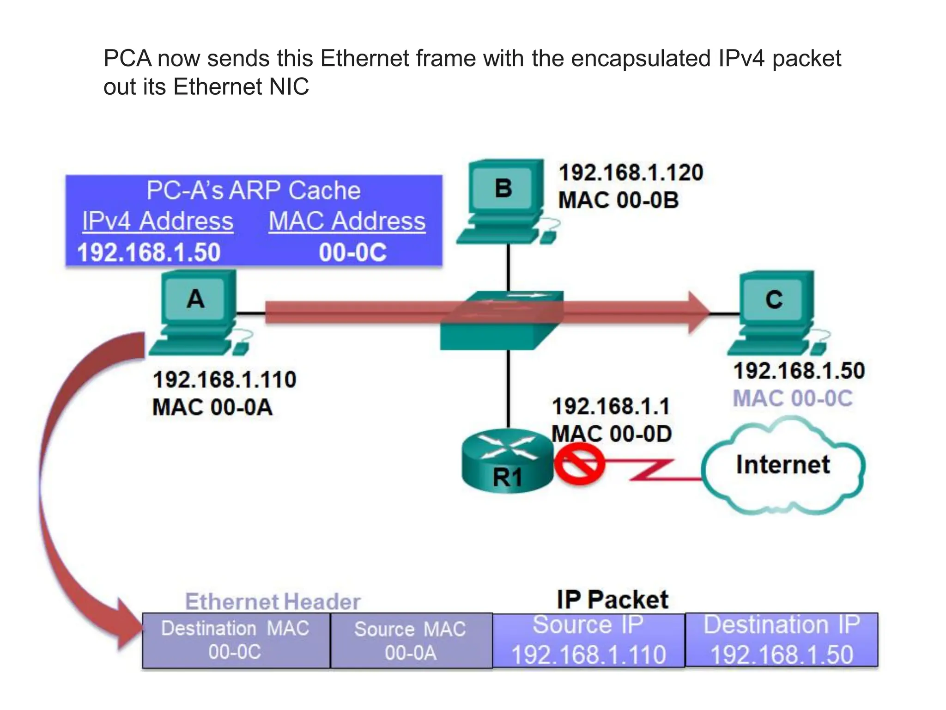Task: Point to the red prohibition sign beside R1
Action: point(579,463)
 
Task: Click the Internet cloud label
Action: point(782,465)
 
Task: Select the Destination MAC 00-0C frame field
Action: point(236,641)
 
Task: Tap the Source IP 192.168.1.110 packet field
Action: point(588,640)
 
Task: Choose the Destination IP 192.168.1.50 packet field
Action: point(782,640)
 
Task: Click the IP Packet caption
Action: point(612,600)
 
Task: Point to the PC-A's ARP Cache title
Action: point(253,190)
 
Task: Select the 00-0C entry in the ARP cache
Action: point(352,253)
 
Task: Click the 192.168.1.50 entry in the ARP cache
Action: point(149,253)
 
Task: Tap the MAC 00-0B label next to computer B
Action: point(619,200)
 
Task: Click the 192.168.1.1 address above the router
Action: point(611,407)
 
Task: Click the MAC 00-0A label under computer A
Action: point(212,408)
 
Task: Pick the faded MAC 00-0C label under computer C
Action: point(793,398)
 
